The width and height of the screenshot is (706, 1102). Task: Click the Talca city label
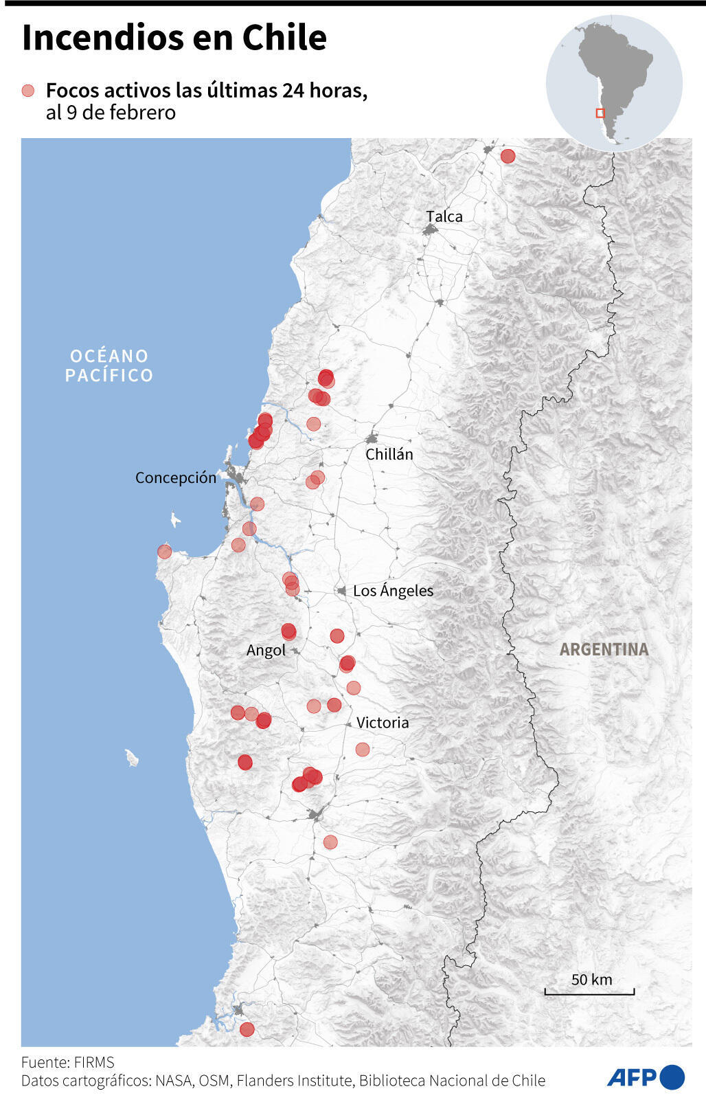point(444,216)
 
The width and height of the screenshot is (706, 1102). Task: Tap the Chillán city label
point(389,454)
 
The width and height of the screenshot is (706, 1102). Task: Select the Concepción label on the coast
point(176,477)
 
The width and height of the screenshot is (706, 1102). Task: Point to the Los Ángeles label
point(393,590)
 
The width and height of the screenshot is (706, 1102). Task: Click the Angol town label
point(266,650)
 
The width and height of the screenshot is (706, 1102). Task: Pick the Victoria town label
point(383,722)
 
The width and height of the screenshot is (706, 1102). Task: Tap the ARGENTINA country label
point(604,649)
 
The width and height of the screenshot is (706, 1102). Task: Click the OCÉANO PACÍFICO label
point(109,366)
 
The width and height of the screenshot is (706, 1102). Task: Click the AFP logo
point(646,1077)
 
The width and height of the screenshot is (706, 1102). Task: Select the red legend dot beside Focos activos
point(28,91)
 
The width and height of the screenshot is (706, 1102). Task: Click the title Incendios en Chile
point(174,38)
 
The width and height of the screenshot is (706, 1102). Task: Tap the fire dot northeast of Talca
point(508,156)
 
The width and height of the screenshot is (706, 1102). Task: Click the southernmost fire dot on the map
point(247,1029)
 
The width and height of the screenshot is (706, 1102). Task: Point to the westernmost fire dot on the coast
point(164,551)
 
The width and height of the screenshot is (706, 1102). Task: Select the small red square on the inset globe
point(600,113)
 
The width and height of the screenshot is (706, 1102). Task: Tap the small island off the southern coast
point(132,758)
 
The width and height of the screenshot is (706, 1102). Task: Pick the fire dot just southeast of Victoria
point(363,749)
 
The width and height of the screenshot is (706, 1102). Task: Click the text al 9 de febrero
point(111,113)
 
